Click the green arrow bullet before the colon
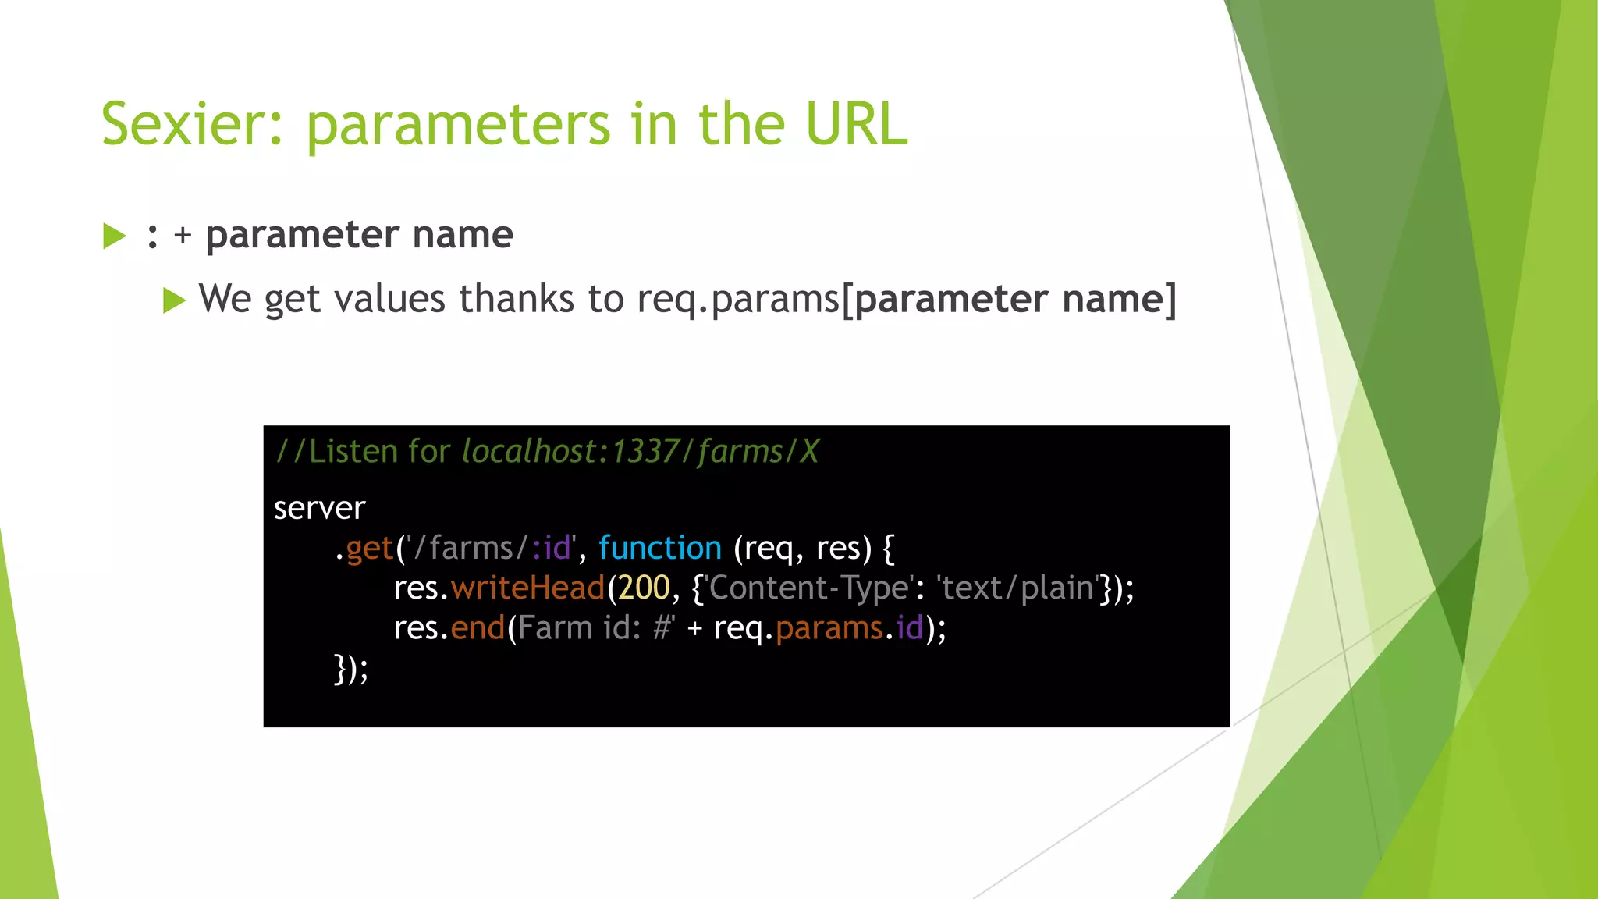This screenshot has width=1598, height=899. [x=114, y=236]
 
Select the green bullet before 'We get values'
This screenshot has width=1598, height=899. [x=174, y=300]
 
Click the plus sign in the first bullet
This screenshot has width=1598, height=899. [x=183, y=236]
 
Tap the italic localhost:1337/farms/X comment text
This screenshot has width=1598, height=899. [x=640, y=452]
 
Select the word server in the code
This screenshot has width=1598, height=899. [x=319, y=509]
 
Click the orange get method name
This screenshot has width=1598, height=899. [x=369, y=549]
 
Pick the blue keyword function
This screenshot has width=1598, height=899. [x=660, y=549]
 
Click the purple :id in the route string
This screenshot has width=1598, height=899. [x=552, y=549]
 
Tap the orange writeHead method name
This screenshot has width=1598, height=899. [x=527, y=588]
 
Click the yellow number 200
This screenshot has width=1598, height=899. [x=644, y=588]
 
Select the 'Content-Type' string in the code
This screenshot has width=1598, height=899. [x=809, y=588]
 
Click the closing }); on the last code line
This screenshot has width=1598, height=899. [x=350, y=669]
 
